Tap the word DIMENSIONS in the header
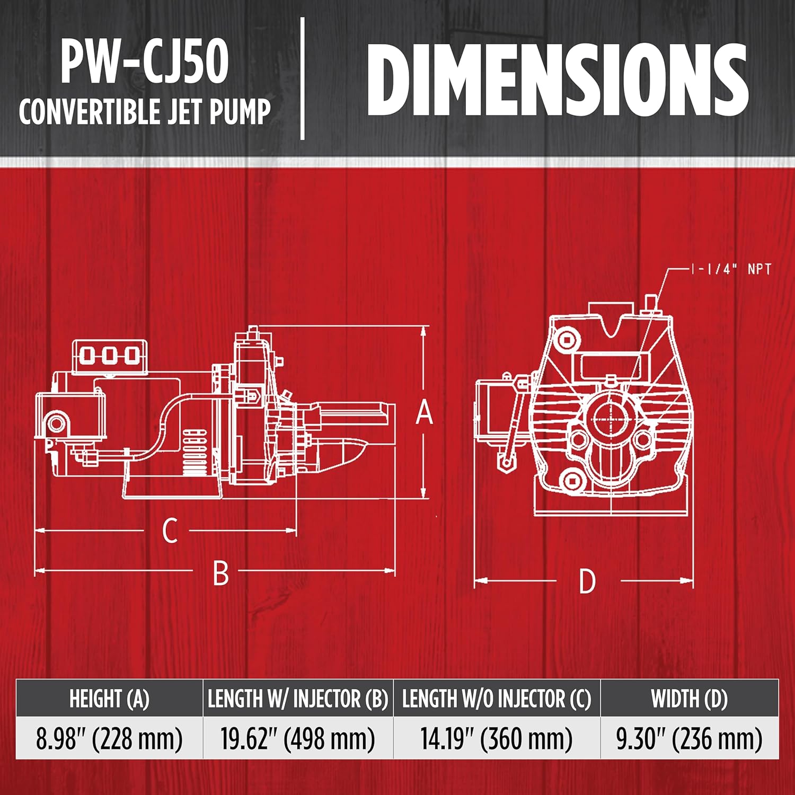click(556, 79)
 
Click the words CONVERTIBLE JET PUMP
click(144, 112)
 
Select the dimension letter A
click(424, 413)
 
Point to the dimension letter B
click(220, 572)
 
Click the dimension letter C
click(170, 531)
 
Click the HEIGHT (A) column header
click(109, 699)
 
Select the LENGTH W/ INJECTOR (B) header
click(298, 699)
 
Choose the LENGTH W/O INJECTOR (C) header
click(497, 699)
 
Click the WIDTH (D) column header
click(689, 699)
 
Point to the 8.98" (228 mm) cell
click(109, 739)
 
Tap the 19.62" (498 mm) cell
click(298, 739)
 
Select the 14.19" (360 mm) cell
click(497, 739)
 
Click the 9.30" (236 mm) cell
click(689, 739)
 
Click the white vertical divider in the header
click(303, 78)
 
